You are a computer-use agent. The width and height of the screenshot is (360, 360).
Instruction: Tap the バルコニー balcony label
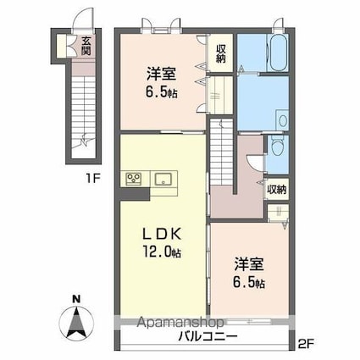click(x=208, y=337)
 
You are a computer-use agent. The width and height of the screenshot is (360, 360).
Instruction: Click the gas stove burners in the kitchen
click(x=135, y=178)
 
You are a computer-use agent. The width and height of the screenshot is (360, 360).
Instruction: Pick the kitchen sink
click(x=163, y=178)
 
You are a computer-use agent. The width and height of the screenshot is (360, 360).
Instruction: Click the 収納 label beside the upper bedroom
click(x=220, y=53)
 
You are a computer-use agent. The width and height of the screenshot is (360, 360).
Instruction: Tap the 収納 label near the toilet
click(x=277, y=190)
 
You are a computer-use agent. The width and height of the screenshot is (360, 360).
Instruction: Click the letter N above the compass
click(x=77, y=298)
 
